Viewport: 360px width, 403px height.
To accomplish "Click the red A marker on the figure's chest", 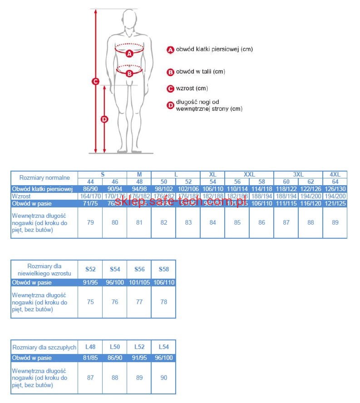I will tap(129, 53).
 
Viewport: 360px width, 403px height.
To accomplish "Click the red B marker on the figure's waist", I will tap(129, 73).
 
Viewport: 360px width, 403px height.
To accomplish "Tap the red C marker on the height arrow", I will tap(95, 82).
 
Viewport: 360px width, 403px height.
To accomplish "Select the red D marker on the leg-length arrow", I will tap(104, 119).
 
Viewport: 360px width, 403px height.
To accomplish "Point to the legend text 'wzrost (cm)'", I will tap(192, 88).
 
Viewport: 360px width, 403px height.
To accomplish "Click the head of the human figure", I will tap(129, 20).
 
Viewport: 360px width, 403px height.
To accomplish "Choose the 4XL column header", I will tap(335, 174).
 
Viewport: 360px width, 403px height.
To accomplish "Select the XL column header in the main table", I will tap(212, 174).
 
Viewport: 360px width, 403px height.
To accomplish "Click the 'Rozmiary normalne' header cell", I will tap(44, 178).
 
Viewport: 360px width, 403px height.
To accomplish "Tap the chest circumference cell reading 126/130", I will tap(335, 189).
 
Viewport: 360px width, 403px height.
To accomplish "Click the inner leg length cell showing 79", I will tap(90, 223).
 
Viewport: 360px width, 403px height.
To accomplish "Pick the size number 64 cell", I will tap(335, 182).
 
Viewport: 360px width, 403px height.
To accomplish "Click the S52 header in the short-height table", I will tap(90, 269).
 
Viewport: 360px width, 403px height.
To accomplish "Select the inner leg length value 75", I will tap(90, 302).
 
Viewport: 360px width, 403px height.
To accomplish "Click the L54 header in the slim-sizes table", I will tap(164, 347).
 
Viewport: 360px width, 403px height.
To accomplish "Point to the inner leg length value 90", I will tap(164, 378).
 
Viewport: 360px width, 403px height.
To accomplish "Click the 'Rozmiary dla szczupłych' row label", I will tap(44, 347).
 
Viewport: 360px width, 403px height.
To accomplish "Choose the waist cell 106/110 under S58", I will tap(164, 282).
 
